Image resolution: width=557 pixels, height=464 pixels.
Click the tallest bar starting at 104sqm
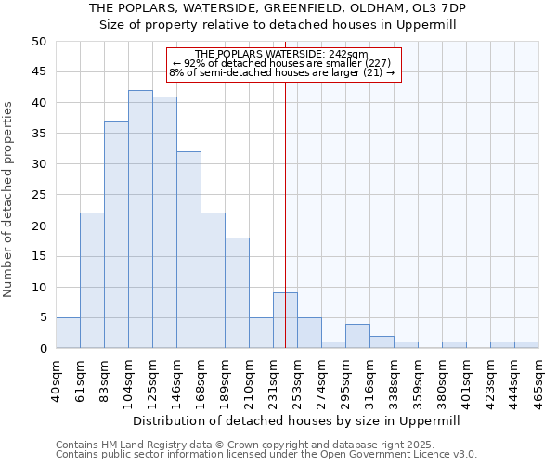[x=140, y=219]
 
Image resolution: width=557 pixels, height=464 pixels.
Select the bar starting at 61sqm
[x=92, y=280]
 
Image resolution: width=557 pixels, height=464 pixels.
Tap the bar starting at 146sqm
[x=188, y=250]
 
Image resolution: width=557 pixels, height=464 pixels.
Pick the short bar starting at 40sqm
[x=68, y=333]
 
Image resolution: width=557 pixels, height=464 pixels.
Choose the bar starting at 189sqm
[x=237, y=293]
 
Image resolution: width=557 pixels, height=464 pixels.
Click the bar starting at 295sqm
[x=357, y=336]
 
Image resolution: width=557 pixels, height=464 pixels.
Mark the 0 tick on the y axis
[x=42, y=348]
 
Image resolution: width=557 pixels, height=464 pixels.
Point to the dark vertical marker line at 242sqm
[x=285, y=186]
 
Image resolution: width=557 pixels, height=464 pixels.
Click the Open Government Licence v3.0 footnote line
[x=266, y=455]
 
